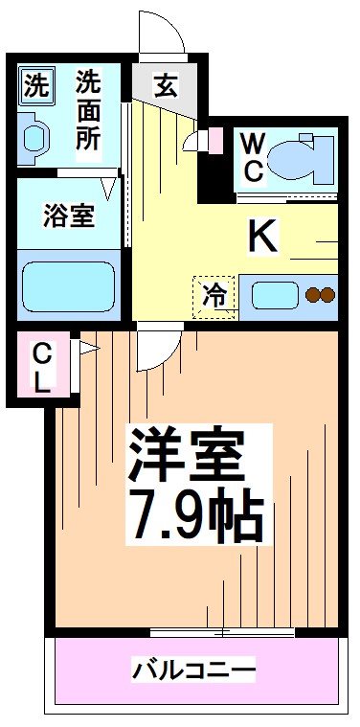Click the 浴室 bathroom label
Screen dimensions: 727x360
68,216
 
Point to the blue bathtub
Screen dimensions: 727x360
68,284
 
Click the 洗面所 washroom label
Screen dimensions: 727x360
89,110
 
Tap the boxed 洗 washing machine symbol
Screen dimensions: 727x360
35,85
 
